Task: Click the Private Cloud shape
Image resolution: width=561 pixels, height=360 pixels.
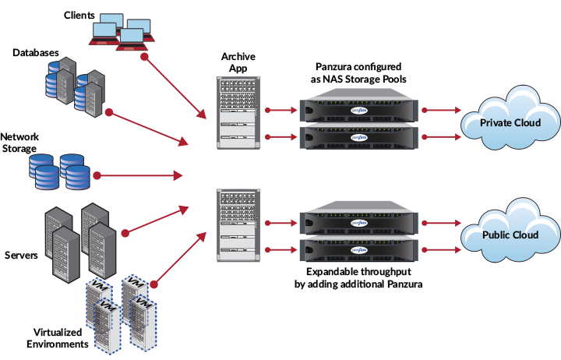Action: click(x=506, y=122)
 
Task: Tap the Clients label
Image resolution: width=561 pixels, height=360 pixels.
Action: click(x=79, y=14)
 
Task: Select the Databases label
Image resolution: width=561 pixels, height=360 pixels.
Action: click(x=36, y=52)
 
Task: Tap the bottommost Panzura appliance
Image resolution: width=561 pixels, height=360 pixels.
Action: click(x=358, y=251)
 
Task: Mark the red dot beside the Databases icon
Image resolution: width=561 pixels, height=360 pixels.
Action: click(x=110, y=112)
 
